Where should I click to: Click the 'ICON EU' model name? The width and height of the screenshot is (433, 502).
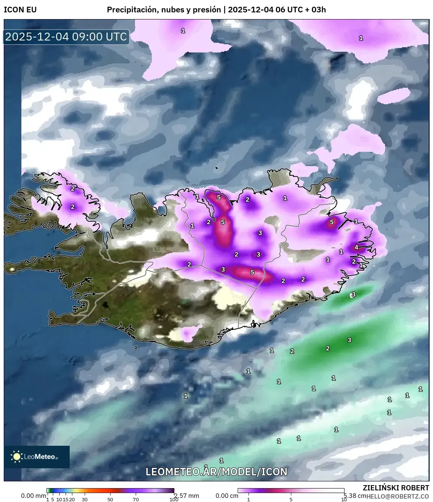pyautogui.click(x=20, y=10)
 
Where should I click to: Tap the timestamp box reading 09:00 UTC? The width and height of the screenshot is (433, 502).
pyautogui.click(x=66, y=37)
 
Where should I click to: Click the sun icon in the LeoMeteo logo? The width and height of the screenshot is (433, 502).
pyautogui.click(x=16, y=456)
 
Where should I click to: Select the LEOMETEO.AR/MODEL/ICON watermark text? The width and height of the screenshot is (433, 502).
pyautogui.click(x=216, y=472)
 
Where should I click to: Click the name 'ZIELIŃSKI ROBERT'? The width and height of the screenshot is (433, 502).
pyautogui.click(x=396, y=488)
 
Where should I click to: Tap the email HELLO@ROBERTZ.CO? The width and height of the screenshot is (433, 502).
pyautogui.click(x=398, y=496)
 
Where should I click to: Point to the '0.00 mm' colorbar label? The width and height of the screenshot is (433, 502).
pyautogui.click(x=33, y=496)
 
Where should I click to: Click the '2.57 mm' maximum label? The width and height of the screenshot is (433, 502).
pyautogui.click(x=187, y=496)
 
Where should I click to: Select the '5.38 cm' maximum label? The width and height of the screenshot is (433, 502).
pyautogui.click(x=355, y=496)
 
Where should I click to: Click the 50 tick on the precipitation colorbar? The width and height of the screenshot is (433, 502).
pyautogui.click(x=110, y=499)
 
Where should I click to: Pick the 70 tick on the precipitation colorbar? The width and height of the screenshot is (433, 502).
pyautogui.click(x=136, y=499)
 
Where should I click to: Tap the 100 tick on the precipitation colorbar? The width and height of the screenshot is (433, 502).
pyautogui.click(x=174, y=499)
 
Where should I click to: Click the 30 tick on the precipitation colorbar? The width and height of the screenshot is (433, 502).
pyautogui.click(x=85, y=499)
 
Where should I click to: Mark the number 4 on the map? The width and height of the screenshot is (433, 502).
pyautogui.click(x=357, y=247)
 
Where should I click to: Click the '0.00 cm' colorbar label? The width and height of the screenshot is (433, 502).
pyautogui.click(x=227, y=496)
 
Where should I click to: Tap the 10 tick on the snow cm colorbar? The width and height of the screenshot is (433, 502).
pyautogui.click(x=344, y=499)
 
